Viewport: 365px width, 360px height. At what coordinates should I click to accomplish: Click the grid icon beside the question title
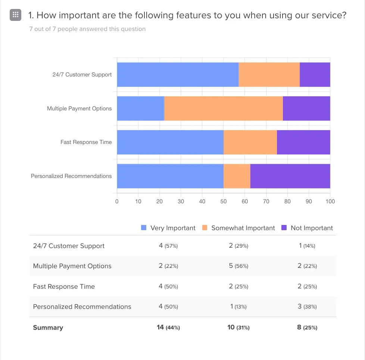click(15, 15)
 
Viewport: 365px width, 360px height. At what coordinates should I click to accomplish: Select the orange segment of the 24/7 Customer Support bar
click(269, 75)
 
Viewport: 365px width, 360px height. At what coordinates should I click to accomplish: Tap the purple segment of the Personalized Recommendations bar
click(290, 176)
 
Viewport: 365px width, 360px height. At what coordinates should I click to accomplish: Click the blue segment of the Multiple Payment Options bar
click(140, 109)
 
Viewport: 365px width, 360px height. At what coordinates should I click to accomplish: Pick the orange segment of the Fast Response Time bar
click(250, 142)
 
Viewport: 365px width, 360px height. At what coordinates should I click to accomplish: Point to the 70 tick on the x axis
click(266, 201)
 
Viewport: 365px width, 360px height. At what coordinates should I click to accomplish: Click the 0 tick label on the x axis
click(117, 201)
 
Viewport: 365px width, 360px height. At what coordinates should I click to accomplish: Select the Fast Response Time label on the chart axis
click(86, 142)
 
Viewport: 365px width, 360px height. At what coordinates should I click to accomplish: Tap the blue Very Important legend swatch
click(144, 228)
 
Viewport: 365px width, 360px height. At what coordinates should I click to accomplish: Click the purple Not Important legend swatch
click(284, 228)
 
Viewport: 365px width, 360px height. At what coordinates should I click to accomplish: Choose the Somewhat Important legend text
click(243, 228)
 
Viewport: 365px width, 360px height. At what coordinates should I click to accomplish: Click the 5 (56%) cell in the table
click(238, 266)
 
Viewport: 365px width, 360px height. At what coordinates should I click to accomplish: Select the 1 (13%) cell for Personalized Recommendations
click(238, 307)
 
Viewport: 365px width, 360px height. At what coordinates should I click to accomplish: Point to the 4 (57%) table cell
click(168, 246)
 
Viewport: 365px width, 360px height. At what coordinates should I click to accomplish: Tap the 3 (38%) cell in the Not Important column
click(307, 307)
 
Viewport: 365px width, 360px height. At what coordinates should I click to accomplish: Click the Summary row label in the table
click(48, 328)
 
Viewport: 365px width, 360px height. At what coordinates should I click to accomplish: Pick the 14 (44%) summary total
click(168, 328)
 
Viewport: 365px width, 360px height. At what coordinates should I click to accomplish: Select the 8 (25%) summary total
click(307, 328)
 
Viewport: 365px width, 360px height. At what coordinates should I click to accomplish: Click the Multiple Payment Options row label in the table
click(72, 266)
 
